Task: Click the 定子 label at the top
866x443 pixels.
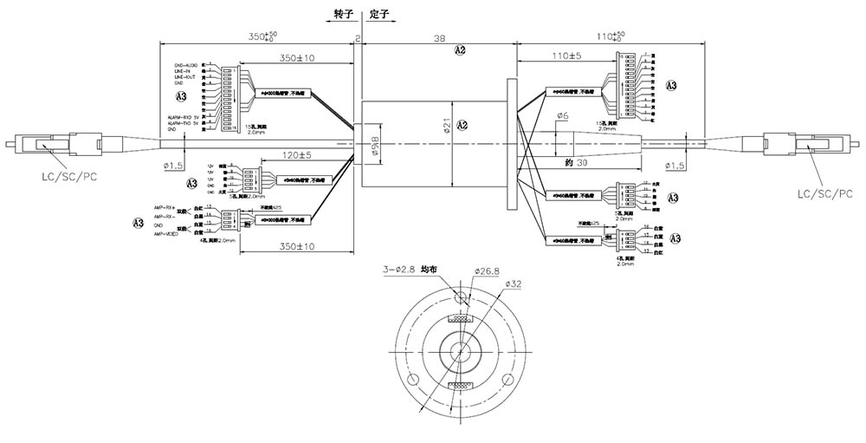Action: [x=377, y=15]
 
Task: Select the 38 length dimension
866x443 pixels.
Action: [x=439, y=38]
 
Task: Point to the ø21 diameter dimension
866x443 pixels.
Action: [x=443, y=127]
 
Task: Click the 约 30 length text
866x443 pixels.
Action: [x=576, y=163]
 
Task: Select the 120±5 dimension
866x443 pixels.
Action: [x=297, y=155]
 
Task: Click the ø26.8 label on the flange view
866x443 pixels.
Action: [x=488, y=270]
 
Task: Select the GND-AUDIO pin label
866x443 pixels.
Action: [x=185, y=65]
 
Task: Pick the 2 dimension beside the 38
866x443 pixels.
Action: [x=358, y=39]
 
